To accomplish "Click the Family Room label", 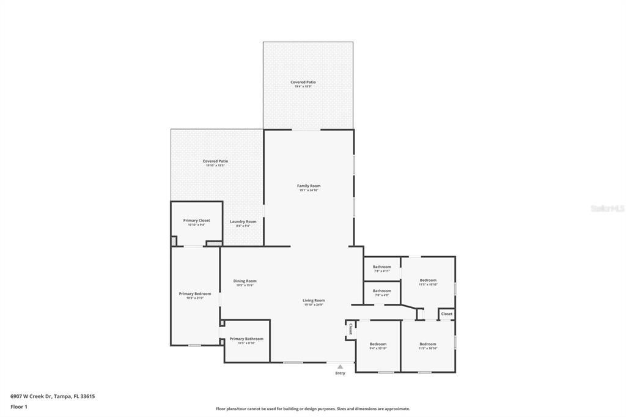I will (309, 186).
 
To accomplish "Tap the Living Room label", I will (314, 300).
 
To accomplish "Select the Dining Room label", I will (245, 281).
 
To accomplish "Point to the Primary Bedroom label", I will (195, 293).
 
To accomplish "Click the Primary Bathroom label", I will (246, 339).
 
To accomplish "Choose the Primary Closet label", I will (196, 220).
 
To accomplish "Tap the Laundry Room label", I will (243, 221).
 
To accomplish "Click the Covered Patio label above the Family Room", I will (303, 82).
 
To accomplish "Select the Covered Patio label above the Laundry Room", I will (215, 161).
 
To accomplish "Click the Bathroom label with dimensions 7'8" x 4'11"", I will (382, 267).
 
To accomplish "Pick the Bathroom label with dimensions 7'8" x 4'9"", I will (382, 290).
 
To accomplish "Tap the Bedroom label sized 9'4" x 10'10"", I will (378, 344).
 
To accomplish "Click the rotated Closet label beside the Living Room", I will (350, 329).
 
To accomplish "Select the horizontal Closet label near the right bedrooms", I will (447, 314).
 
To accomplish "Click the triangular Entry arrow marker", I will (340, 366).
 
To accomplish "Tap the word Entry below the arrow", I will (340, 373).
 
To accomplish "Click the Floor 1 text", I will (19, 406).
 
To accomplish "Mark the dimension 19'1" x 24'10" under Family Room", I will (309, 190).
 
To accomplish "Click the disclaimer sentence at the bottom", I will (312, 409).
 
